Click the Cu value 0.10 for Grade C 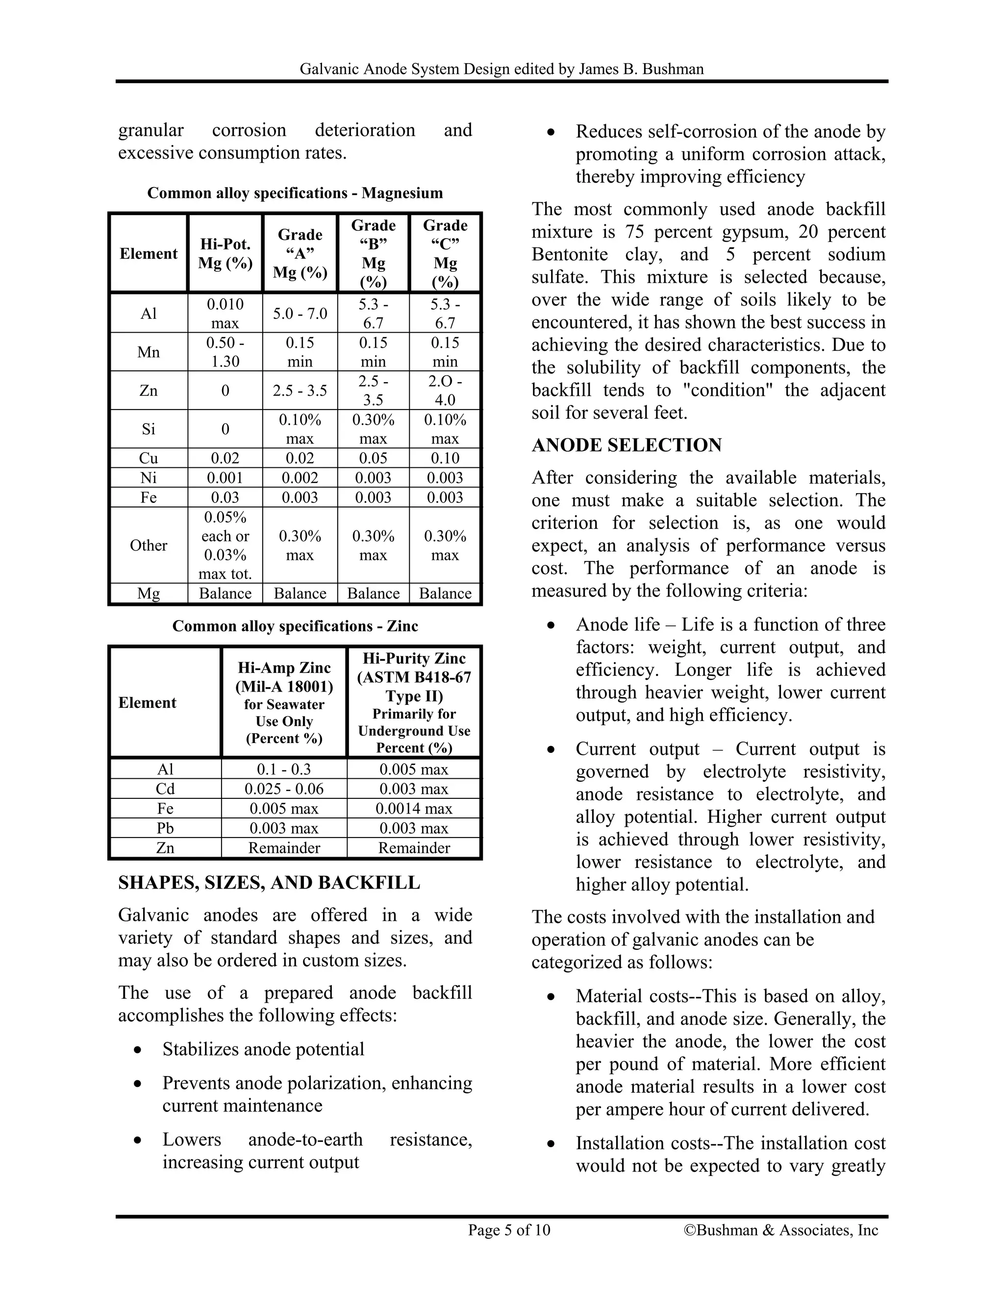click(445, 458)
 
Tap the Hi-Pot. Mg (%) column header click(225, 254)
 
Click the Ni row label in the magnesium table click(149, 478)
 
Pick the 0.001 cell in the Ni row click(225, 478)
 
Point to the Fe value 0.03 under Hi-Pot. click(225, 498)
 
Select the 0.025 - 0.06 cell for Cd click(284, 789)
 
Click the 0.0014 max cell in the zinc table click(413, 808)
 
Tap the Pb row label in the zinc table click(165, 828)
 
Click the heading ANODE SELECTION click(627, 445)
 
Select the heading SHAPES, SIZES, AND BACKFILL click(269, 883)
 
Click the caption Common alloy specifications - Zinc click(295, 626)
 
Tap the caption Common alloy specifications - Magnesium click(295, 193)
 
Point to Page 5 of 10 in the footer click(509, 1229)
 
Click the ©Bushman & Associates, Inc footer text click(781, 1229)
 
